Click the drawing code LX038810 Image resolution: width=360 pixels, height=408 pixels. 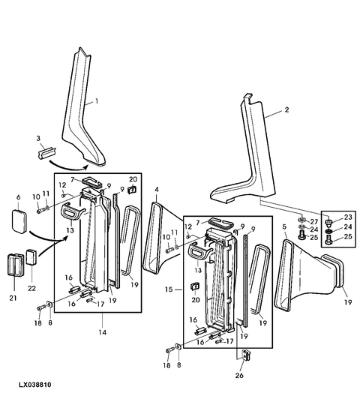tap(34, 385)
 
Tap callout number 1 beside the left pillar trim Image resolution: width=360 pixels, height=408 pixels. tap(97, 101)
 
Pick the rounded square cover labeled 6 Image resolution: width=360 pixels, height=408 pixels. tap(19, 220)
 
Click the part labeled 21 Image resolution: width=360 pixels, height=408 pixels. tap(15, 264)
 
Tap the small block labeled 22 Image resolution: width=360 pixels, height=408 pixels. tap(31, 256)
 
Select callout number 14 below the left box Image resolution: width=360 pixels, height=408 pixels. tap(103, 332)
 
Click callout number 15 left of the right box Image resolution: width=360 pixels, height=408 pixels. tap(169, 289)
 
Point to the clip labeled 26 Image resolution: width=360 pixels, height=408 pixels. tap(246, 355)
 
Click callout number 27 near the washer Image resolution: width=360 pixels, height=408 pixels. tap(314, 222)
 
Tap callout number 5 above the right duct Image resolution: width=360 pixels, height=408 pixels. tap(284, 227)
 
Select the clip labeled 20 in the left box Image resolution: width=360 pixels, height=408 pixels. tap(132, 190)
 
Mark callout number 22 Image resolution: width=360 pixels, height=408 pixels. tap(31, 288)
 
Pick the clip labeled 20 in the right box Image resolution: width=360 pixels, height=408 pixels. tap(195, 286)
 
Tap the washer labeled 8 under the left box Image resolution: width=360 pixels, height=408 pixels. tap(49, 304)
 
